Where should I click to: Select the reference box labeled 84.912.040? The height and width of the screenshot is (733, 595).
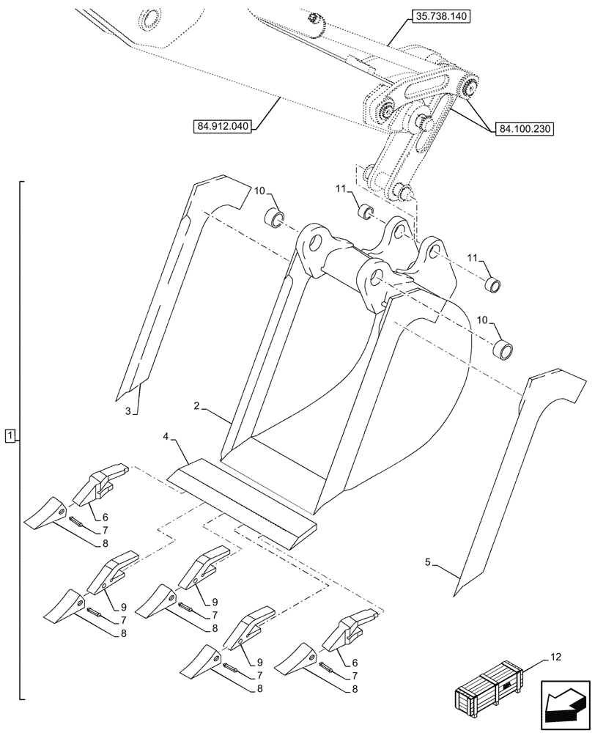coord(223,126)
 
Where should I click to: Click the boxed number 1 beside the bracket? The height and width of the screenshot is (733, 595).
coord(9,438)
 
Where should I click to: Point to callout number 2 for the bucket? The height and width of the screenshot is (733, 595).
coord(197,405)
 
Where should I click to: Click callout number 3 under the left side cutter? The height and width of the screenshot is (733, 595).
coord(127,411)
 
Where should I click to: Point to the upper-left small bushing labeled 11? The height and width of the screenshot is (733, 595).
coord(364,212)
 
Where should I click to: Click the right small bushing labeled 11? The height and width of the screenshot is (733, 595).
coord(495,285)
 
